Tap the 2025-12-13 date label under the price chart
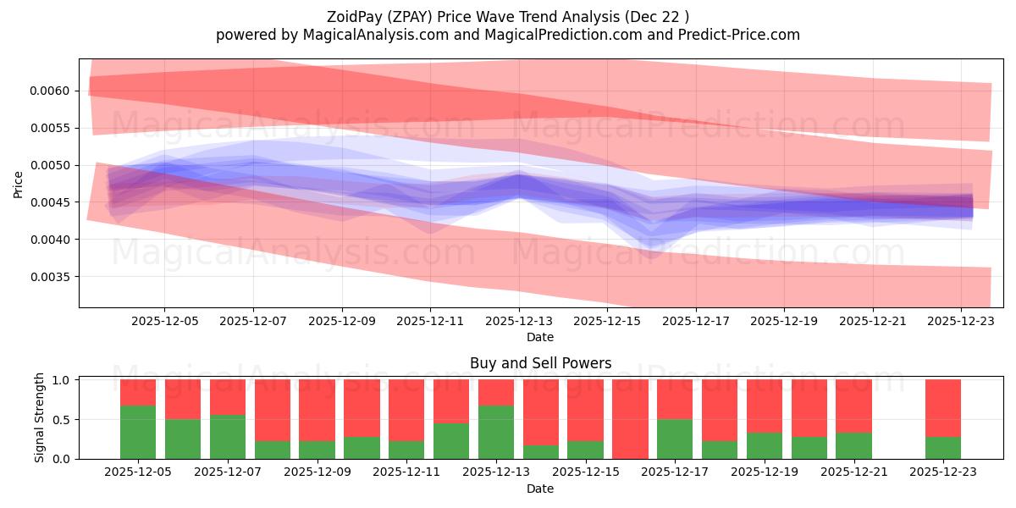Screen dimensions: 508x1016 click(x=519, y=322)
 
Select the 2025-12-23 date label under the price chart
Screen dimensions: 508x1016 click(x=961, y=322)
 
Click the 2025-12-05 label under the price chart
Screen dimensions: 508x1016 click(x=165, y=322)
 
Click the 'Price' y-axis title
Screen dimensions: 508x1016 click(x=19, y=184)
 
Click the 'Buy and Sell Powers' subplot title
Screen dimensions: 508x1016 click(x=540, y=363)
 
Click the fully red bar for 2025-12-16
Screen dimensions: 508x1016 click(x=630, y=419)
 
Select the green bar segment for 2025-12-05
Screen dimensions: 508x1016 click(x=138, y=432)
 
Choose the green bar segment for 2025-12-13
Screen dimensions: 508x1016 click(x=496, y=432)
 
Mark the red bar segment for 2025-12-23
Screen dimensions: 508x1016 click(x=943, y=407)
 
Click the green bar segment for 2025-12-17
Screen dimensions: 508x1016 click(x=675, y=439)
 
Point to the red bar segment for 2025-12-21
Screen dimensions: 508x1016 click(x=853, y=406)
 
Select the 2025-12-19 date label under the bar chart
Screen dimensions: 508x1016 click(x=764, y=472)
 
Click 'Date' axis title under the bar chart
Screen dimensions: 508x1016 click(x=540, y=489)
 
